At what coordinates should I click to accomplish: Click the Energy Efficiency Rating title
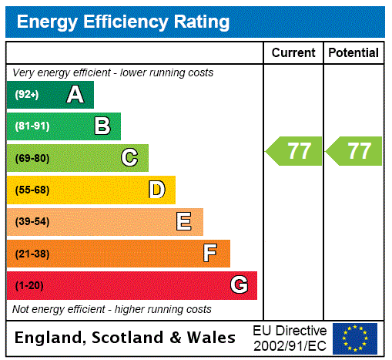122,22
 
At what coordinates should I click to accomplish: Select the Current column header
293,52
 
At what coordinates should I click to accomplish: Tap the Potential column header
353,52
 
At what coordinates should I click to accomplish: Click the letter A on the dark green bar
75,95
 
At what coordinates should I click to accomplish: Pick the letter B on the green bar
102,126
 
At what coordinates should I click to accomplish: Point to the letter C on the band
129,158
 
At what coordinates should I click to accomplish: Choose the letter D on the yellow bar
156,190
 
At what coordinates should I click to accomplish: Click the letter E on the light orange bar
184,222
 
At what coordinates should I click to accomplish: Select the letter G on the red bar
239,285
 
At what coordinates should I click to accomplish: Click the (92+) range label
27,95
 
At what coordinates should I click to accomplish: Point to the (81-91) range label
32,126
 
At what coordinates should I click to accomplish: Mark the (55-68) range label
32,190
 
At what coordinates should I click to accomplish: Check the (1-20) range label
29,286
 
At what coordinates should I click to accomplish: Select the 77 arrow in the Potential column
354,151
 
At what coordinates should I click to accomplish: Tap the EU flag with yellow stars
354,338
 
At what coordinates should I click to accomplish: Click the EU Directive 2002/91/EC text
290,338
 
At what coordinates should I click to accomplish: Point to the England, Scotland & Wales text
125,338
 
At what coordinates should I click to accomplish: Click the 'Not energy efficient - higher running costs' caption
112,309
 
